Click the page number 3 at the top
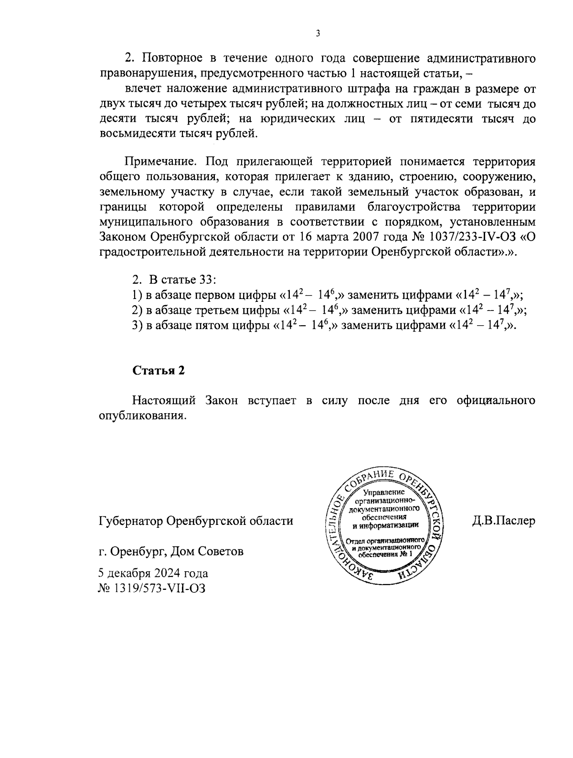pos(318,33)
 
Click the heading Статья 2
pos(158,371)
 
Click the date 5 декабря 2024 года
pos(153,573)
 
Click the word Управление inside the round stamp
pos(384,492)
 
